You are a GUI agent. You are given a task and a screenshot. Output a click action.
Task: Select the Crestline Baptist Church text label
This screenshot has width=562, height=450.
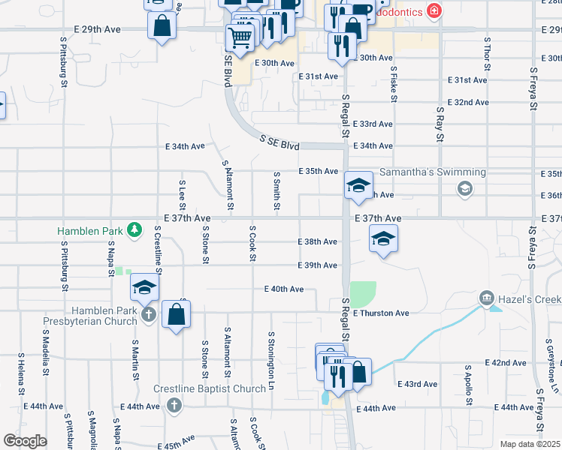[210, 388]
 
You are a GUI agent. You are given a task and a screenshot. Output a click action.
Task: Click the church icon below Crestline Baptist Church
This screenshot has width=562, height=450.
[174, 406]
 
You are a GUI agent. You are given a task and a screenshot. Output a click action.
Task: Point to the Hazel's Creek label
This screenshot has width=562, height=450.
[532, 299]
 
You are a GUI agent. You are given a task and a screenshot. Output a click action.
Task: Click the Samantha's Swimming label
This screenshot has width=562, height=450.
[432, 172]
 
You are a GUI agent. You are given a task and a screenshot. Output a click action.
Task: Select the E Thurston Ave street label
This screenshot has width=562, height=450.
[381, 313]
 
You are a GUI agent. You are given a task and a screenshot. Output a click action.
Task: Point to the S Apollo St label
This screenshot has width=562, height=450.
[467, 387]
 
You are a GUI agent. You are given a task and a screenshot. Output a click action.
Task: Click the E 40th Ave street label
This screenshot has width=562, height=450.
[284, 289]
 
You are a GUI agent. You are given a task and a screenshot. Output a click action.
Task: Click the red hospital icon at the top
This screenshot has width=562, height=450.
[434, 10]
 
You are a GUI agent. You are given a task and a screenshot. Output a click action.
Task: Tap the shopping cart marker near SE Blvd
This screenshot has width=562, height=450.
[240, 38]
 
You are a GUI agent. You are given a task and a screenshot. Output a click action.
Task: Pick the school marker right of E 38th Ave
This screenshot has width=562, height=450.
[383, 240]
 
